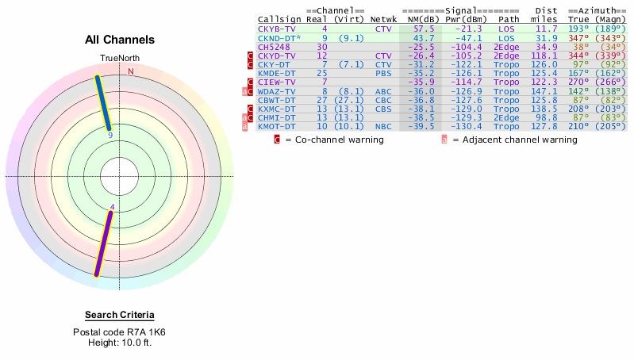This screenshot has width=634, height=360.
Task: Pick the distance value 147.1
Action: (544, 90)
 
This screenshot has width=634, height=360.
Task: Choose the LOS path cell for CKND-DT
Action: (507, 37)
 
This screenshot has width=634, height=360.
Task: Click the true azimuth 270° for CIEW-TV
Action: (581, 82)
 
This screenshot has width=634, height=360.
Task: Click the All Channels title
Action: (120, 40)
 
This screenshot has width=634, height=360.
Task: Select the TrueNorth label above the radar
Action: (119, 58)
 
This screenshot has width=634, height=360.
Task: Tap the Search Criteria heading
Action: (120, 315)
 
